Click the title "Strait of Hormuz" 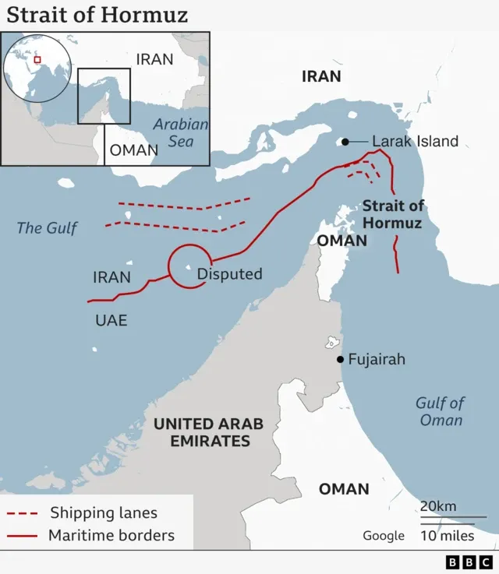(97, 15)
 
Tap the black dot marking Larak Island (343, 142)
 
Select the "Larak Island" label (415, 142)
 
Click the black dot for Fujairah (340, 359)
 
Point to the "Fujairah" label (377, 360)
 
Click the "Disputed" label (229, 274)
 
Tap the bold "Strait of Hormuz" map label (393, 214)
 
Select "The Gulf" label (48, 228)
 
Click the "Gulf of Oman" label (441, 411)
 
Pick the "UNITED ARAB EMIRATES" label (208, 432)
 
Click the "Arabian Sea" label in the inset (181, 132)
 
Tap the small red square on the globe (37, 60)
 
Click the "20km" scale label (438, 506)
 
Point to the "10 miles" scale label (447, 536)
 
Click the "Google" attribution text (384, 536)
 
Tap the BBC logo (469, 562)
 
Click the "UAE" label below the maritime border (111, 320)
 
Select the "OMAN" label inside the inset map (133, 150)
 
